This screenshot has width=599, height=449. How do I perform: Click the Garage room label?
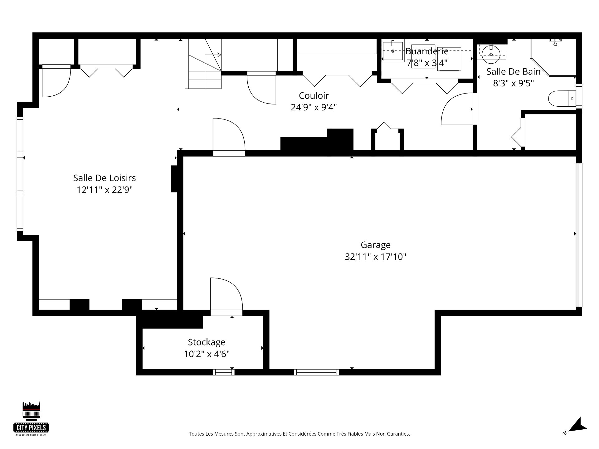pos(376,245)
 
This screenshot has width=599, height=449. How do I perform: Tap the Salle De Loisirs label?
pos(105,178)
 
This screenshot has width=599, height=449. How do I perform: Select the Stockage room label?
pos(207,342)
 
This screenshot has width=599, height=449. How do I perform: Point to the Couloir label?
pos(314,95)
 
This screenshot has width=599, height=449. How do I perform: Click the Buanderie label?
pos(427,51)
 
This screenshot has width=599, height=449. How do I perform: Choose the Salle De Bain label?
pos(514,71)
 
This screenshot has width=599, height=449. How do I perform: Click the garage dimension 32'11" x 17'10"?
pos(376,257)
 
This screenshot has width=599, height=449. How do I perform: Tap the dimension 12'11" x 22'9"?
pos(105,190)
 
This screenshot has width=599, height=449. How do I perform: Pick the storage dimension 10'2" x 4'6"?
pos(207,354)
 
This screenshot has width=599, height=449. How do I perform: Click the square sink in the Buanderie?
pos(393,51)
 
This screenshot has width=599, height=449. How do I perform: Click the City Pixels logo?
pos(32,418)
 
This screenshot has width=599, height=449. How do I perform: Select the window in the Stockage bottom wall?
pos(224,372)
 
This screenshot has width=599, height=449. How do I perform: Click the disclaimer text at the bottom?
pos(299,434)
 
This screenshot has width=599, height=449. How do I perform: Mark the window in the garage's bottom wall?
pos(316,372)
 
